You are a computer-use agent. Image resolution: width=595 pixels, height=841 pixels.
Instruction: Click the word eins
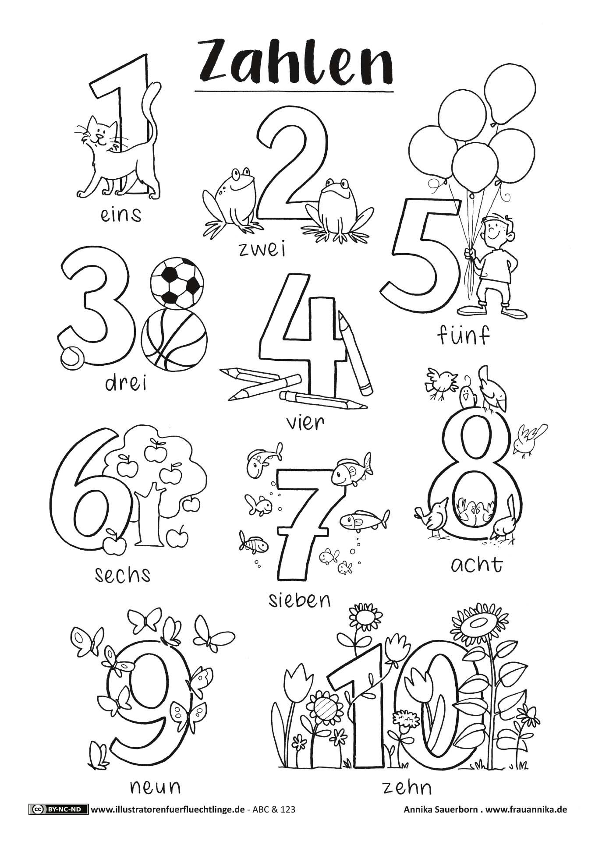click(121, 215)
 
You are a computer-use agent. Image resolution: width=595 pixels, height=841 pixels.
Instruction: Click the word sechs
click(123, 573)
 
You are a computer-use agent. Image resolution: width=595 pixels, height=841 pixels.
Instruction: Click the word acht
click(476, 565)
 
